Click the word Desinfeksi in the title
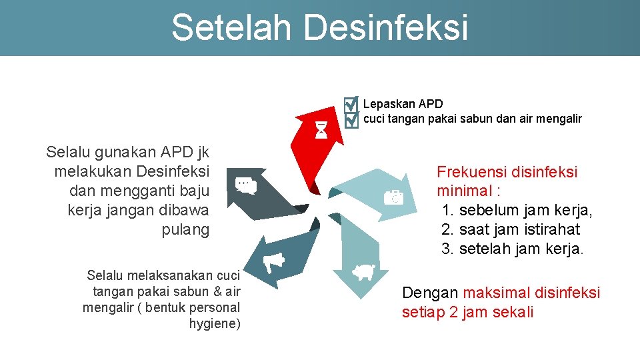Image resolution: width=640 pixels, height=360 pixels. (x=386, y=27)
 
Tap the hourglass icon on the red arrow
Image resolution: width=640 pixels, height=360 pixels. (x=321, y=130)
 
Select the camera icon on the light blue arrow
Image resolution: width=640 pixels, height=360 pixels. (x=393, y=197)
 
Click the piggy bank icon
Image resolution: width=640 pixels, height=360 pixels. (x=363, y=272)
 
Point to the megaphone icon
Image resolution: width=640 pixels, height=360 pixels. (x=273, y=263)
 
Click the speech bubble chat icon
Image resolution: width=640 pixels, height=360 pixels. (x=246, y=186)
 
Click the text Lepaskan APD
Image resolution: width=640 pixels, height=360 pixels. (x=403, y=104)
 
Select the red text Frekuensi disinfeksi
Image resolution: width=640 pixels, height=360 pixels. (x=507, y=172)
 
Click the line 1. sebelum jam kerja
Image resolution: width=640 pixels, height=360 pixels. (x=517, y=210)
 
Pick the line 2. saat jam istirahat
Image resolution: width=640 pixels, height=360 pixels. (x=511, y=229)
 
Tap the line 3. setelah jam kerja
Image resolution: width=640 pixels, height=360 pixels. (x=513, y=249)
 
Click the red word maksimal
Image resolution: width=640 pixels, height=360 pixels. (x=493, y=293)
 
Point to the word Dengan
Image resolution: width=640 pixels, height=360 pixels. (x=430, y=293)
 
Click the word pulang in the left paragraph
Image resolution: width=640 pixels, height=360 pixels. (x=185, y=230)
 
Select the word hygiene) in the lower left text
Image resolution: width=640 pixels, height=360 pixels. (x=215, y=324)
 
